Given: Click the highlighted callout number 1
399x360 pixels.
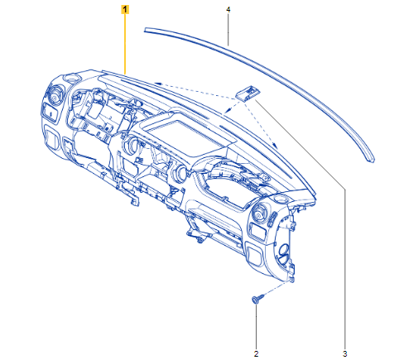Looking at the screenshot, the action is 125,10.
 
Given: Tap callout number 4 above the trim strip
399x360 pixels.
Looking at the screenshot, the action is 228,10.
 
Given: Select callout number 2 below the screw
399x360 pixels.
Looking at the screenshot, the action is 256,353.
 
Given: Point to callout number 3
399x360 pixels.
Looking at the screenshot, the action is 344,353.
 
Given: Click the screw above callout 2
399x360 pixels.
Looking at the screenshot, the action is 257,299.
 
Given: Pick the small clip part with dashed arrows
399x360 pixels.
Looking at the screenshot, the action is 248,93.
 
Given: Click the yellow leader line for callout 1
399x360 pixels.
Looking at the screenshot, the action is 125,45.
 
